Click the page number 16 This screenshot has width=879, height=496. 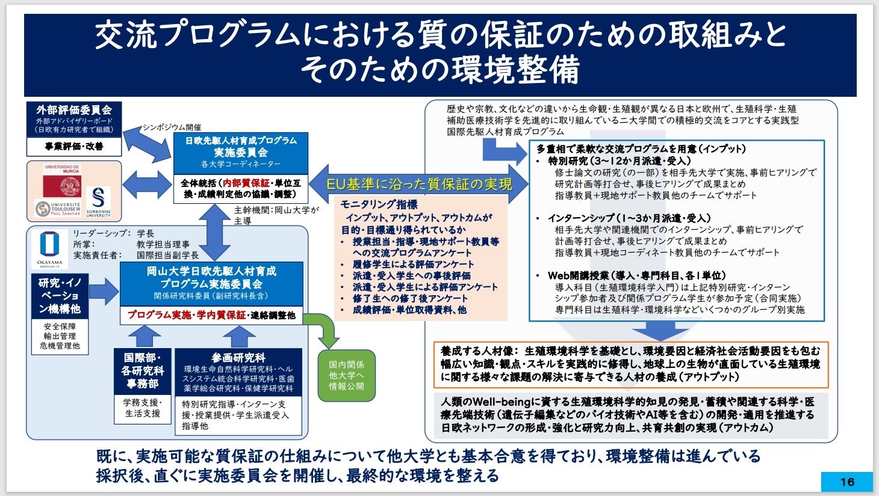point(847,482)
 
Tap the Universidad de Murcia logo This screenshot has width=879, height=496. point(61,181)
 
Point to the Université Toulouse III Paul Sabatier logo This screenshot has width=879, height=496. point(57,209)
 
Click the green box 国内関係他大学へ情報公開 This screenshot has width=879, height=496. point(346,375)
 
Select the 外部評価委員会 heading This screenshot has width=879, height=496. point(74,110)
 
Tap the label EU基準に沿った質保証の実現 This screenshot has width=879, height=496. point(419,183)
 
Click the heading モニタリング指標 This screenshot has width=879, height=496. point(379,204)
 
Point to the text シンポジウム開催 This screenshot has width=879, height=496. point(172,127)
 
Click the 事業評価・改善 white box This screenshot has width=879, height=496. point(74,146)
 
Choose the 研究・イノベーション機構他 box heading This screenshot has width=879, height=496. point(59,296)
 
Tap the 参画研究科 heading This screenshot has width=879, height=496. point(238,358)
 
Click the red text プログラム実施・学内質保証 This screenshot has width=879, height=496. point(187,315)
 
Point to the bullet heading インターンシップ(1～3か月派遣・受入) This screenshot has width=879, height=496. point(629,218)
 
